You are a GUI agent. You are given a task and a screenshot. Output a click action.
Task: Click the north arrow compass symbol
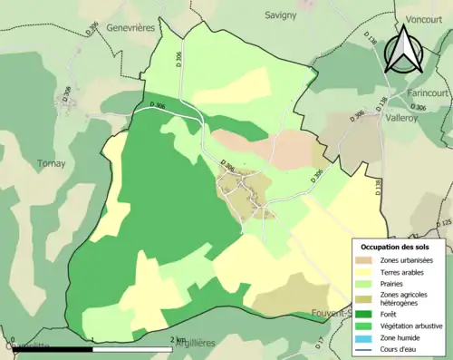(405, 49)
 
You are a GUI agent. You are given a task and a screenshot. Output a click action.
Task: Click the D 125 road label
(443, 222)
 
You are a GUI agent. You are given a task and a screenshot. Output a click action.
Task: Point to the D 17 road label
(319, 343)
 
